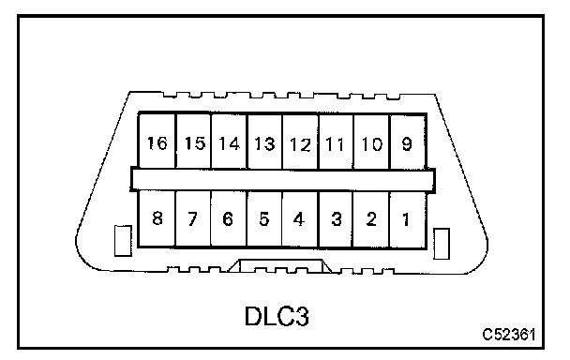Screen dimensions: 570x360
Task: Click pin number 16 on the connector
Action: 157,142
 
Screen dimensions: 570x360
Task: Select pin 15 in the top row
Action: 193,142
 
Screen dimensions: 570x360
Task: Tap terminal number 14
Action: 229,142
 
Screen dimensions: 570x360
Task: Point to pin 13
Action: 264,142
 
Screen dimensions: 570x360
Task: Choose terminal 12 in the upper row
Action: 300,142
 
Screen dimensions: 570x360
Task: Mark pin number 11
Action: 336,142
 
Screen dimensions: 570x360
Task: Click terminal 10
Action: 371,142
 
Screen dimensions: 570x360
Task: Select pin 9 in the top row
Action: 408,142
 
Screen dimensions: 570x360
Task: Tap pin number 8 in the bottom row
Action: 157,219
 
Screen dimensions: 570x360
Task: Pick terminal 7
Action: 193,219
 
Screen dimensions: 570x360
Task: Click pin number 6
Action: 229,219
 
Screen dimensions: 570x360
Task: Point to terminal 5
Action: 264,219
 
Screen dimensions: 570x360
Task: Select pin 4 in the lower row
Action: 300,219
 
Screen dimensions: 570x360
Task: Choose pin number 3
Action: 336,219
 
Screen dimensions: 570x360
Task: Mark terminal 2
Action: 371,219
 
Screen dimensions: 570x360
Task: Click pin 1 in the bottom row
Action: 408,219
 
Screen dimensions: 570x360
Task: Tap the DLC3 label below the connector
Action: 277,316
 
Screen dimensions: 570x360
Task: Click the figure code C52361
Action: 509,334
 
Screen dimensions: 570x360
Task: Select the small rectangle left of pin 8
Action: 123,240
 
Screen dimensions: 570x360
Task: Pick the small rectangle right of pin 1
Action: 442,244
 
